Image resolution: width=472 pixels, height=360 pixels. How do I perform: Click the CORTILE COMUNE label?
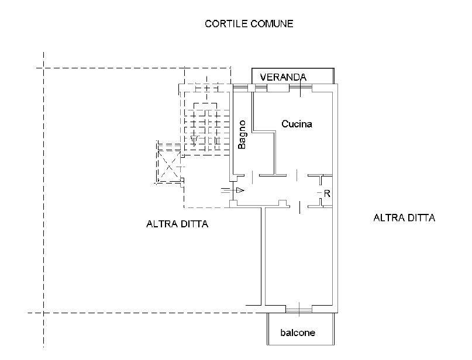(249, 24)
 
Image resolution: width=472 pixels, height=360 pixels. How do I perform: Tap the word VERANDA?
(283, 77)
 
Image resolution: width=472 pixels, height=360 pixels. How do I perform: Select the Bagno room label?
(242, 134)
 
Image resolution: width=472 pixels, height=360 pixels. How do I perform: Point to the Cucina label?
(297, 124)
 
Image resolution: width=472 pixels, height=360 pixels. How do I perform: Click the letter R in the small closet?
(327, 193)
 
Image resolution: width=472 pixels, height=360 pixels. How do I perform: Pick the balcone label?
(298, 333)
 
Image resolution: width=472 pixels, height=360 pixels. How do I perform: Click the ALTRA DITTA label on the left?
(177, 224)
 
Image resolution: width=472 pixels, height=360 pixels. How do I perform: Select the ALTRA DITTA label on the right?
(404, 218)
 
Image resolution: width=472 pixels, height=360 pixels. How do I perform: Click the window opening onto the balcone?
(299, 307)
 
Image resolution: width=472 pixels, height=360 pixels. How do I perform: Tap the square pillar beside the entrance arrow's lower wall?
(232, 203)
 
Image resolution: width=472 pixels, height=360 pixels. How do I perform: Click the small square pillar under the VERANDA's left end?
(251, 88)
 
